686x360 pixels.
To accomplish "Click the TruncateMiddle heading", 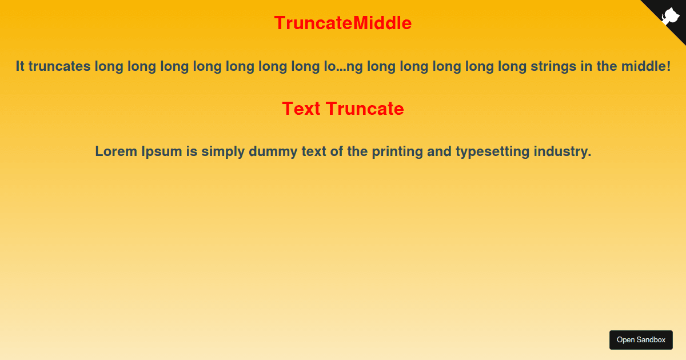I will [x=343, y=23].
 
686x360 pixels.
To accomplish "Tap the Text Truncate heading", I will [x=343, y=109].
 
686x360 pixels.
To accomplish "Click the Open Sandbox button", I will [x=641, y=340].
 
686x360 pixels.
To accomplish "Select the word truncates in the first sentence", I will [x=59, y=66].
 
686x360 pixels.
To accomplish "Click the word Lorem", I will [x=116, y=152].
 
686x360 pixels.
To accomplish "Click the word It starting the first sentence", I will [x=20, y=66].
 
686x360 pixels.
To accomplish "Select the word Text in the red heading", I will [x=301, y=109].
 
